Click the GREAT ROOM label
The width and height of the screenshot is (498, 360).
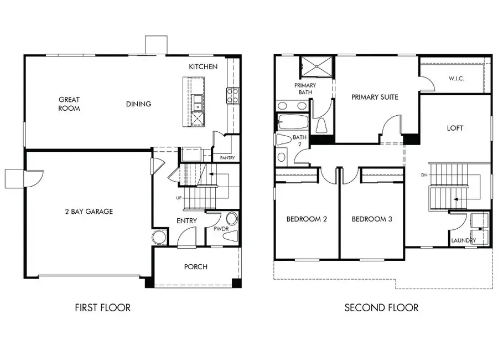pos(69,104)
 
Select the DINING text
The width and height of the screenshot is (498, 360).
pos(138,104)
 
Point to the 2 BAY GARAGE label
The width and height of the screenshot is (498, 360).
pos(88,211)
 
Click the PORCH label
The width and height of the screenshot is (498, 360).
pos(196,267)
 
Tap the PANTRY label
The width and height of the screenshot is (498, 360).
pos(227,158)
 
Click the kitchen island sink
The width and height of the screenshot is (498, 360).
pos(198,102)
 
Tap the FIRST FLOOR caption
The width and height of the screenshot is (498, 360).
pos(103,307)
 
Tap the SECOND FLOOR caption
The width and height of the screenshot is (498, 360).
pos(381,307)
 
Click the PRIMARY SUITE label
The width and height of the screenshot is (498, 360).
pos(375,97)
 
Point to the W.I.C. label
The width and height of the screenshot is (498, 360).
pos(456,79)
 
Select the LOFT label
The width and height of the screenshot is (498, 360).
pos(455,128)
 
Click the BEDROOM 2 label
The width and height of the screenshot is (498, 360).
pos(307,219)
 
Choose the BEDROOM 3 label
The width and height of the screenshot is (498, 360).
pos(372,219)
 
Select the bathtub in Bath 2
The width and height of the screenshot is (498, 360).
pos(292,122)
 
